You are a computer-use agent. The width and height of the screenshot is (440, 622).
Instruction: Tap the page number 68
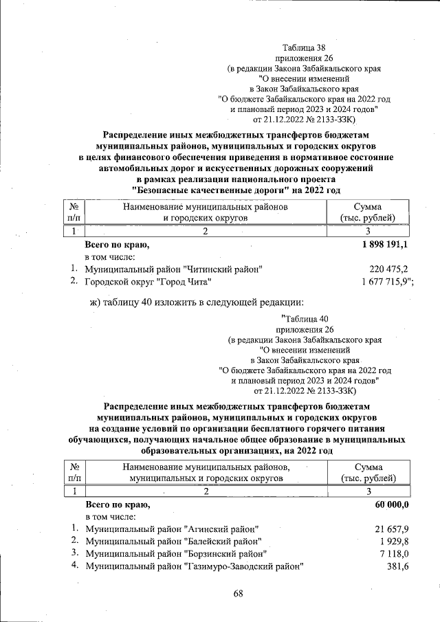tap(238, 594)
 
